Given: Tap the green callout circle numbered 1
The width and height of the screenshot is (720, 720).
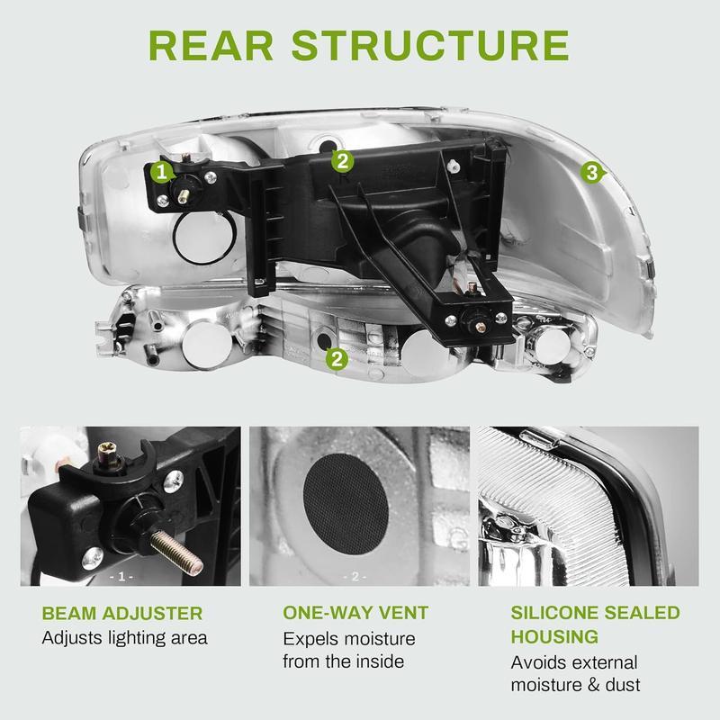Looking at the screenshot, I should (x=161, y=170).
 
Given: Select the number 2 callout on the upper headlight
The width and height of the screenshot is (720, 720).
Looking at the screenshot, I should (x=341, y=161).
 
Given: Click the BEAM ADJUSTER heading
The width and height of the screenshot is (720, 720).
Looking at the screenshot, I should (x=122, y=614).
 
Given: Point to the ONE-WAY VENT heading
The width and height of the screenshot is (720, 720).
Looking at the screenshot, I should (x=355, y=614).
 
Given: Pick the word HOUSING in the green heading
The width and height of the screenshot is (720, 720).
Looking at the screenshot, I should (x=555, y=637).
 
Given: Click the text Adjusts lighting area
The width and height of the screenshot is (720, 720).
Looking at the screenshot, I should (x=125, y=638).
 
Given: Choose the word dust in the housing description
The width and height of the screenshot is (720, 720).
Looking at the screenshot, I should (x=622, y=685).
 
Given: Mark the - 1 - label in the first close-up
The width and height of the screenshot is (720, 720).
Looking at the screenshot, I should (x=120, y=575).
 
